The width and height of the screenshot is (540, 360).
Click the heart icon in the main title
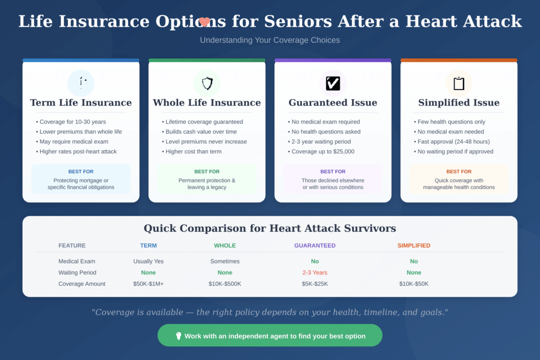click(205, 22)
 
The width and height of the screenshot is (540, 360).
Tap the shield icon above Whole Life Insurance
click(207, 83)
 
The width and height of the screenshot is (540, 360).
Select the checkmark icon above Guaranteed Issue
click(333, 83)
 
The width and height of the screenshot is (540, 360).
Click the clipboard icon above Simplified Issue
click(459, 83)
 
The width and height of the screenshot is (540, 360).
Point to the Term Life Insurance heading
click(81, 103)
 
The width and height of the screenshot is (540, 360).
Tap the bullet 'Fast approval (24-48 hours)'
click(454, 141)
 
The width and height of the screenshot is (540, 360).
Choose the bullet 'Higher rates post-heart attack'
click(78, 151)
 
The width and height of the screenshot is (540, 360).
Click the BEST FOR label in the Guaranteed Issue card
click(333, 171)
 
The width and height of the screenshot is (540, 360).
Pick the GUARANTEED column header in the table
click(315, 246)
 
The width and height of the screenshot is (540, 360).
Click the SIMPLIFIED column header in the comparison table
click(414, 246)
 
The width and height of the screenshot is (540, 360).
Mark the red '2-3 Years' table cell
click(315, 273)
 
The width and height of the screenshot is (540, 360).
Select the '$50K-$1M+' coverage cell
click(149, 284)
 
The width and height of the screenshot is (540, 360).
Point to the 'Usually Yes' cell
click(149, 261)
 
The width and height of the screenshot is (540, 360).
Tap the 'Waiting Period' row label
click(78, 273)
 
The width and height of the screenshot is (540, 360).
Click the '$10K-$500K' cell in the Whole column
click(225, 284)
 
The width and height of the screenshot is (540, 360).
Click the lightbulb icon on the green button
click(178, 336)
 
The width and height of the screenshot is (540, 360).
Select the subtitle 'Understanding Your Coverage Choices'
click(270, 40)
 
